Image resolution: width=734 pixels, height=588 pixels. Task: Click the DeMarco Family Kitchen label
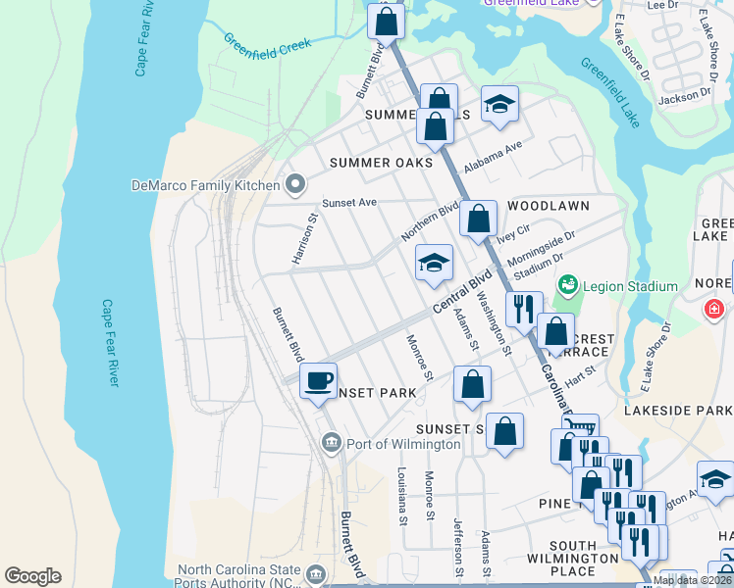coord(205,184)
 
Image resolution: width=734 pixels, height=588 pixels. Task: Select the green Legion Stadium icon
coord(566,285)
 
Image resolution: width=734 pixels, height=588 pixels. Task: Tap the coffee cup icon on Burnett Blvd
coord(318,380)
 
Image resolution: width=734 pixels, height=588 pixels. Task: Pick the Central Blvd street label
coord(460,295)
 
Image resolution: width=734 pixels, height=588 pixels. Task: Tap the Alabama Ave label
coord(495,157)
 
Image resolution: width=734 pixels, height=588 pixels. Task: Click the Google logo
coord(32,576)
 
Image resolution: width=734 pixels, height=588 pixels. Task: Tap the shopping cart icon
coord(580,426)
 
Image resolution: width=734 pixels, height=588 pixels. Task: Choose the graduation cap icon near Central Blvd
coord(434,263)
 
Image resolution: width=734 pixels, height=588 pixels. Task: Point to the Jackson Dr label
coord(684,97)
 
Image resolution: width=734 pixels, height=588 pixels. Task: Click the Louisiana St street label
coord(402,495)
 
